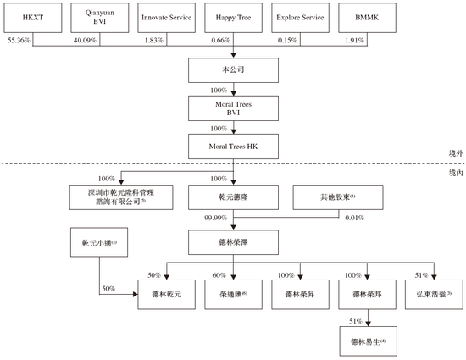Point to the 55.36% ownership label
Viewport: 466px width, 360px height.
point(19,40)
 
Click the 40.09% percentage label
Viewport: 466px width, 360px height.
point(86,40)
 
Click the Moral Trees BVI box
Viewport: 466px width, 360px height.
point(234,108)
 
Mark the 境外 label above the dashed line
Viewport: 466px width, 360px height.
point(455,153)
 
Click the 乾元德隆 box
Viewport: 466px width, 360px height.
point(234,198)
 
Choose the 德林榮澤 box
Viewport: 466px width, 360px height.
point(234,241)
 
